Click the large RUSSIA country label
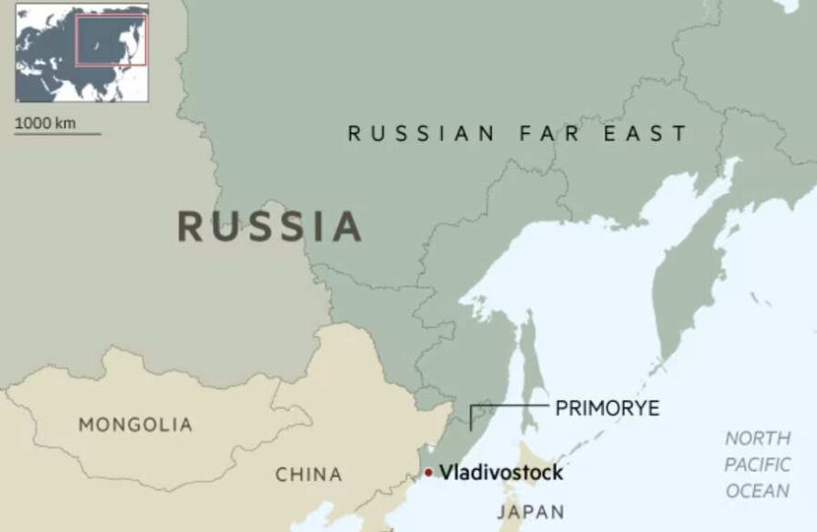[269, 226]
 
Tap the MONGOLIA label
[136, 425]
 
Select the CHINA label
[308, 475]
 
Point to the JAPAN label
[531, 512]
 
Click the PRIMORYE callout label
[607, 408]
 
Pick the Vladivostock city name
[500, 473]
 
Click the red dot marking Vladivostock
[428, 473]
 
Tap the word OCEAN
[757, 491]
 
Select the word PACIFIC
[757, 465]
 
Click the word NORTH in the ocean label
[757, 439]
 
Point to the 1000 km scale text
[45, 123]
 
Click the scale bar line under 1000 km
[57, 134]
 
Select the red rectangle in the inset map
[111, 40]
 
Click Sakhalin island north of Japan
[530, 369]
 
